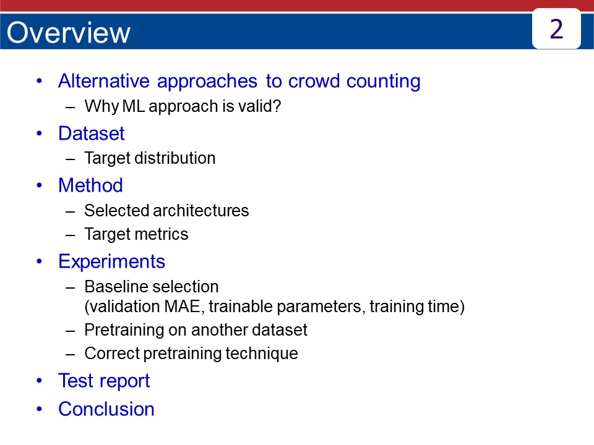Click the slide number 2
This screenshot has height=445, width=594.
coord(556,29)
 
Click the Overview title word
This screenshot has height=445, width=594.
coord(68,33)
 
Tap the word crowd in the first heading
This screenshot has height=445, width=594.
coord(312,81)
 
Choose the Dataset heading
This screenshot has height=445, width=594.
coord(91,133)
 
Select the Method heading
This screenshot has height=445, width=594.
coord(90,185)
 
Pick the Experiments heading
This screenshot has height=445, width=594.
coord(111,261)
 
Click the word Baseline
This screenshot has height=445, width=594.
coord(113,287)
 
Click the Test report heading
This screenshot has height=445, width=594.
coord(103,381)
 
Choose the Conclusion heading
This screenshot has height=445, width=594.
coord(106,409)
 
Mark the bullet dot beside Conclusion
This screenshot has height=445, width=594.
coord(40,409)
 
